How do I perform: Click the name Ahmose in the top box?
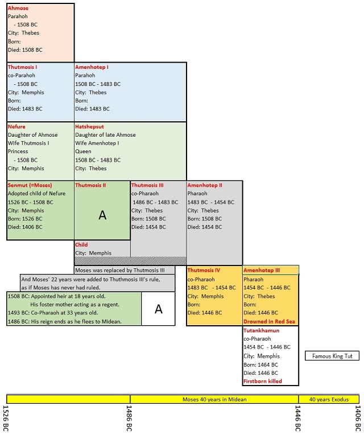click(18, 8)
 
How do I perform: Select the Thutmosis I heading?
click(22, 67)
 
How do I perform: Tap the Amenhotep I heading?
click(92, 67)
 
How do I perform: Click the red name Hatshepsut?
click(89, 126)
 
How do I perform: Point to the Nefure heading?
click(16, 126)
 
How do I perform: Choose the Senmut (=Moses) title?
click(30, 185)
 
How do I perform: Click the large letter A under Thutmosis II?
click(102, 215)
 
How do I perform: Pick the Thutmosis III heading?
click(147, 185)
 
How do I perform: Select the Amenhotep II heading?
click(205, 185)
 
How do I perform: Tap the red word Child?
click(81, 245)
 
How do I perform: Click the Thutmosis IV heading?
click(204, 270)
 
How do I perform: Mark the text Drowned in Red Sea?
click(269, 321)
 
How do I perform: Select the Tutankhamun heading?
click(262, 330)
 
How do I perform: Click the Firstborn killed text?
click(263, 381)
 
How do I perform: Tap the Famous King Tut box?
click(332, 356)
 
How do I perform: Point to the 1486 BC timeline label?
click(129, 418)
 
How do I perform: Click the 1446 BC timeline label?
click(297, 418)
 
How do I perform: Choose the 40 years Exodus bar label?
click(329, 399)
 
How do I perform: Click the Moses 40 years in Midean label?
click(214, 399)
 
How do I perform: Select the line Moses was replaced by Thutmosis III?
click(120, 270)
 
